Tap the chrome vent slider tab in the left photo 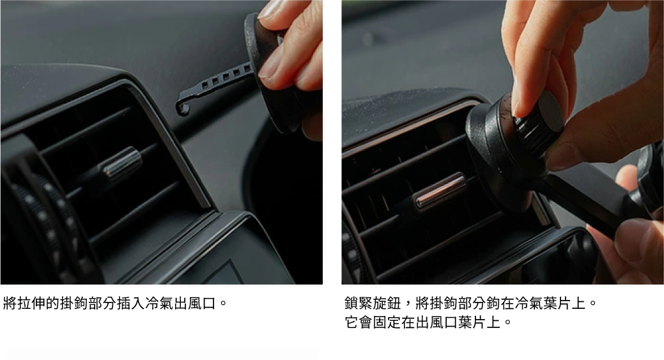click(x=121, y=163)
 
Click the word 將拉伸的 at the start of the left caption click(x=31, y=304)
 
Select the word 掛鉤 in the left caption click(x=73, y=304)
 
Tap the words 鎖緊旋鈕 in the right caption click(x=373, y=304)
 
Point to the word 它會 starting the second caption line click(x=359, y=323)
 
